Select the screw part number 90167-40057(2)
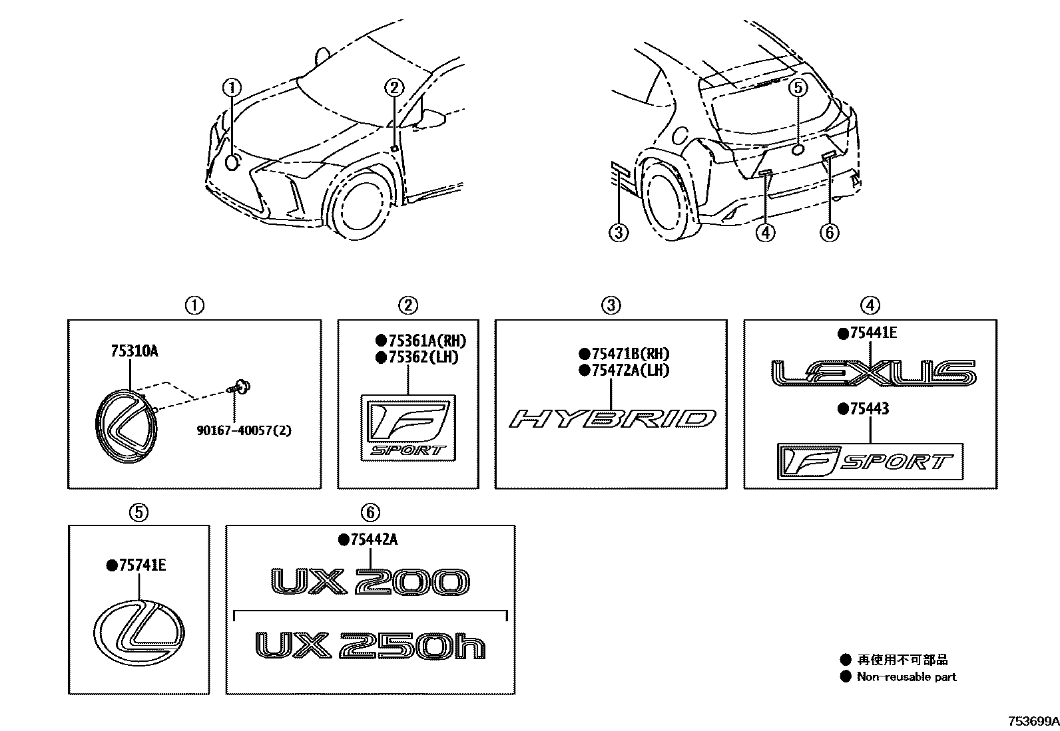tap(244, 430)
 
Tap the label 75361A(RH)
tap(426, 341)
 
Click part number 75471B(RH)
tap(629, 355)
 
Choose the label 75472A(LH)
tap(629, 370)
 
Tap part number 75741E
tap(141, 565)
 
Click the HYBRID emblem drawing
tap(612, 419)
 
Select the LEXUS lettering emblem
tap(872, 373)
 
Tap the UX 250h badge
tap(370, 646)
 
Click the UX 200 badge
tap(370, 582)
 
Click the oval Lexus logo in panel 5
tap(139, 627)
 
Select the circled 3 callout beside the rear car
tap(619, 232)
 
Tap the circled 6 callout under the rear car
tap(829, 232)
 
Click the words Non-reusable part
tap(906, 677)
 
